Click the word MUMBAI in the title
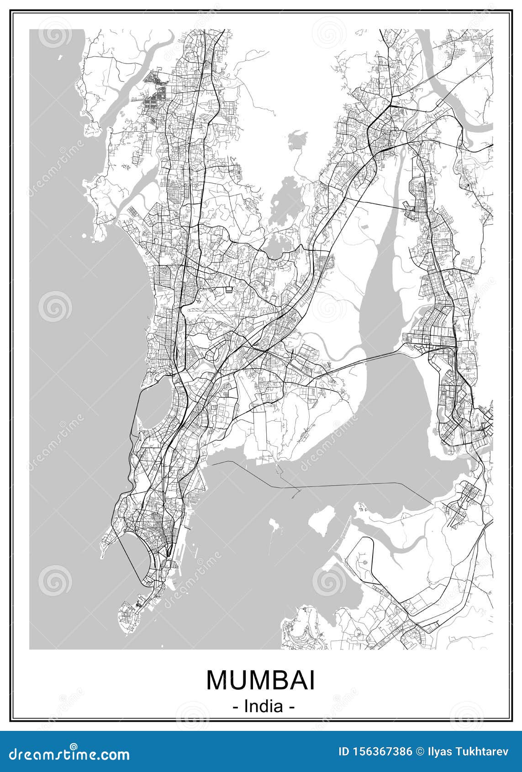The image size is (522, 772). point(260,680)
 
